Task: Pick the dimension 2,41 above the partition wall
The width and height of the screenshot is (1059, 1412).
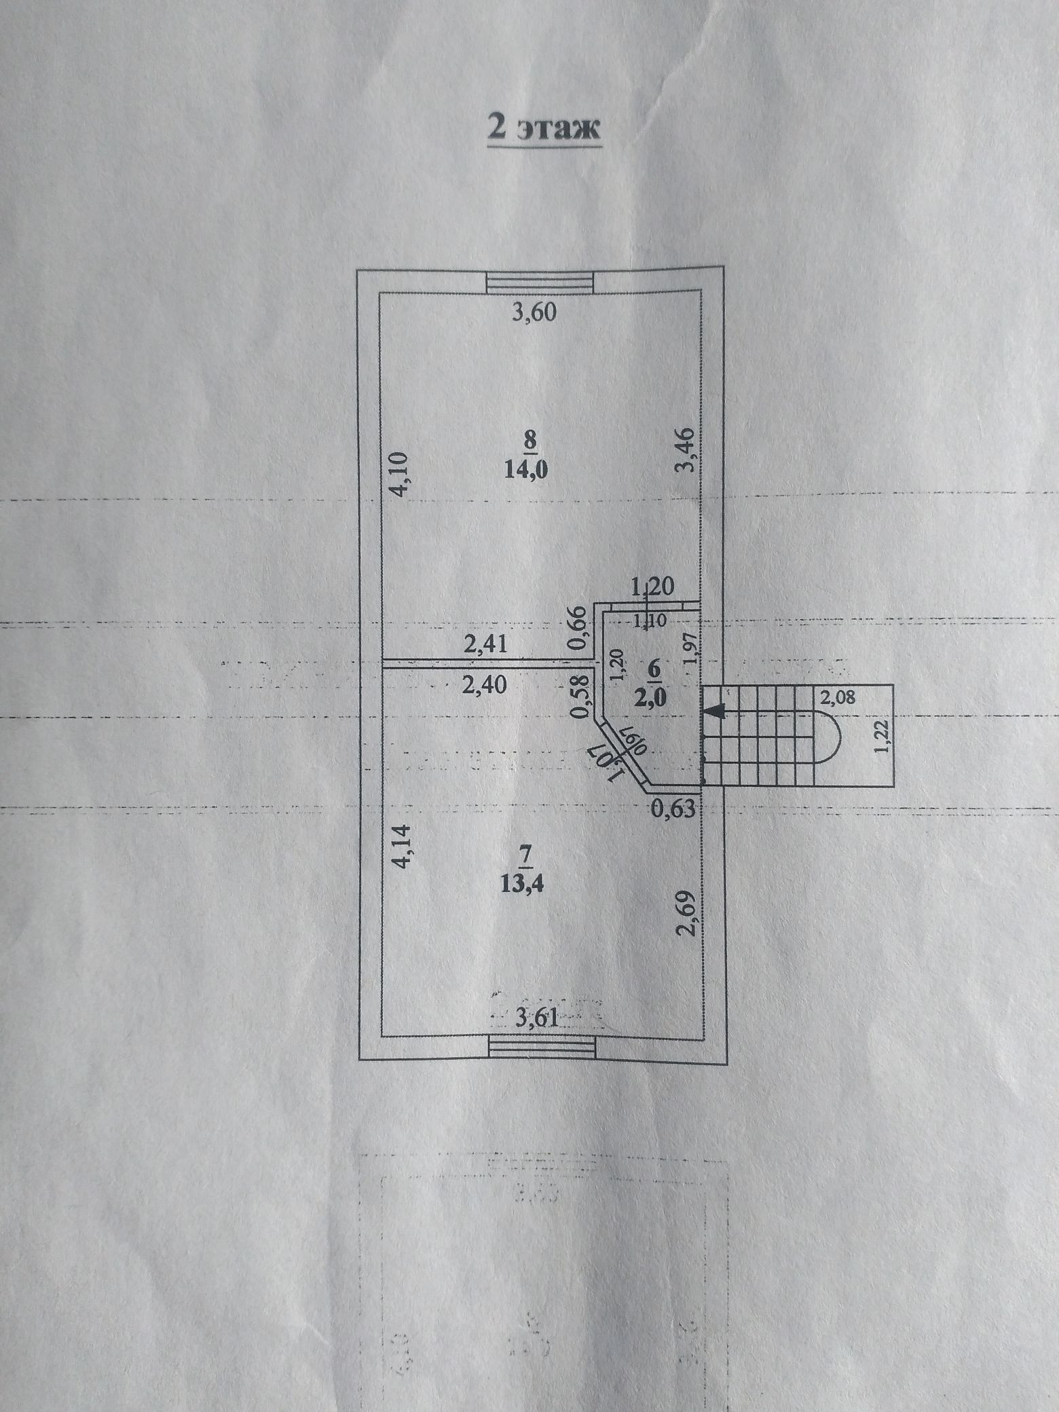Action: [x=485, y=643]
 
